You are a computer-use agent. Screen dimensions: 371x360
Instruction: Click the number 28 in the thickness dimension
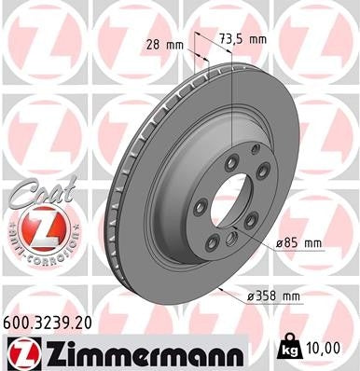(x=154, y=44)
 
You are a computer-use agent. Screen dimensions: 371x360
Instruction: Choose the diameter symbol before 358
(x=252, y=297)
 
